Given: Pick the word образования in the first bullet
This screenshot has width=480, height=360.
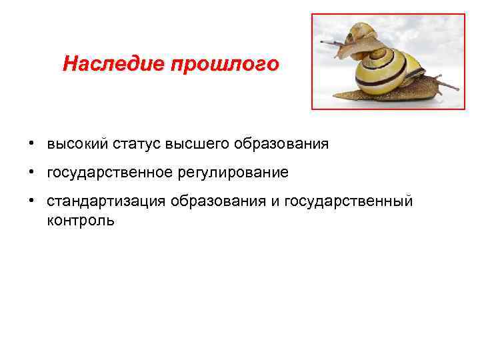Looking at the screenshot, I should (285, 144).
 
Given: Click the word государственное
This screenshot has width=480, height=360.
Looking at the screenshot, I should (109, 173).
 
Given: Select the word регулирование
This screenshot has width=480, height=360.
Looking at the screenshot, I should (233, 173).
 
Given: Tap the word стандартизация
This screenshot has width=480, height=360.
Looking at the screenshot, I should (105, 202).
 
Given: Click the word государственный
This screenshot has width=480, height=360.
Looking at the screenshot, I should (349, 202).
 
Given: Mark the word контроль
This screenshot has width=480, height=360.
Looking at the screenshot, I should (81, 220).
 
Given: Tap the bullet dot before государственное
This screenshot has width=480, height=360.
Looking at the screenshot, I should (31, 173).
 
